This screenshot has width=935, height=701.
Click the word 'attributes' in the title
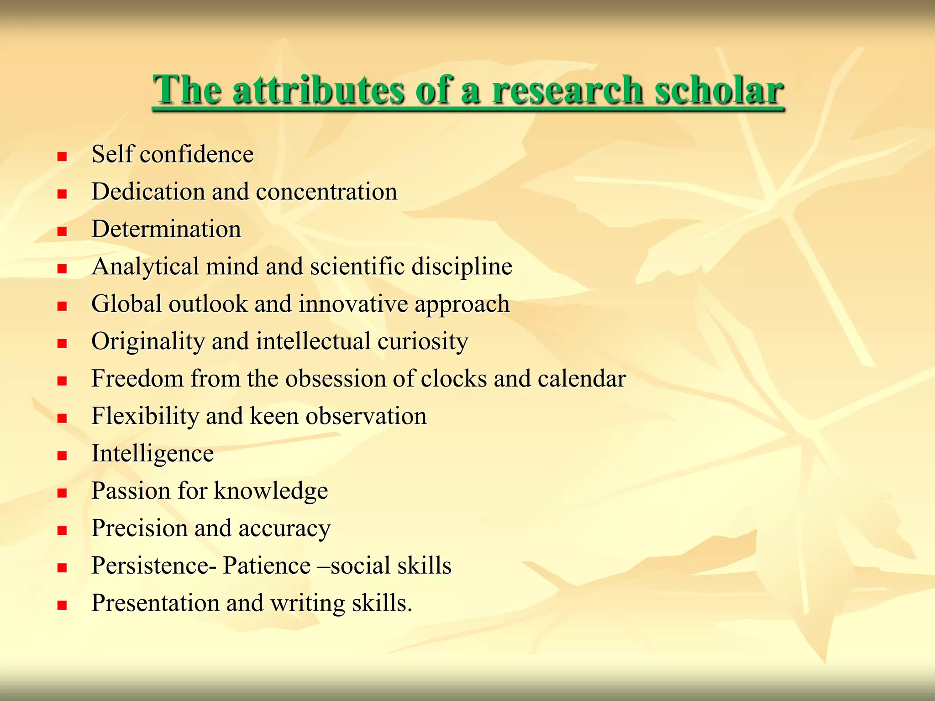coord(318,90)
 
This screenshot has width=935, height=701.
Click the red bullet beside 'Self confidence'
coord(62,157)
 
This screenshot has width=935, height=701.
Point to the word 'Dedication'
coord(148,192)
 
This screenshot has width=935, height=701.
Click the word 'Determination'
coord(166,229)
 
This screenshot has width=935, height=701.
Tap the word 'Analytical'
coord(145,267)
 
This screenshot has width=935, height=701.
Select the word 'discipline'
coord(462,267)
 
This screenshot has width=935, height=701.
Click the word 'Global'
coord(126,304)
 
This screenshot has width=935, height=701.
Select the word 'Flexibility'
coord(145,416)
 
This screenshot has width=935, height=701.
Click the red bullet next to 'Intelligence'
coord(62,455)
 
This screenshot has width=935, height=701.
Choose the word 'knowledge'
coord(271,492)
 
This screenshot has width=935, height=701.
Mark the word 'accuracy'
coord(284,529)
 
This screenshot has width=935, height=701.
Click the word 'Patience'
coord(267,566)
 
